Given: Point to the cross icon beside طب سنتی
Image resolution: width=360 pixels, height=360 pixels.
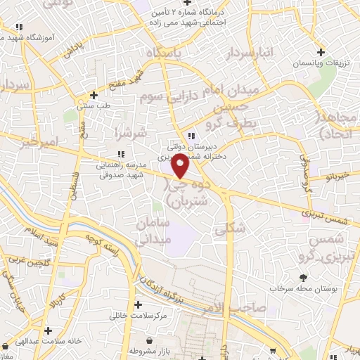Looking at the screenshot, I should [x=94, y=95].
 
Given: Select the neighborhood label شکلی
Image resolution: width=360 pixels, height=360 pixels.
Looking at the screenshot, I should [x=234, y=227].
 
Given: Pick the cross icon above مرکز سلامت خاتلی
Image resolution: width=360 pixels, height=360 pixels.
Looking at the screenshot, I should [x=138, y=305].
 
